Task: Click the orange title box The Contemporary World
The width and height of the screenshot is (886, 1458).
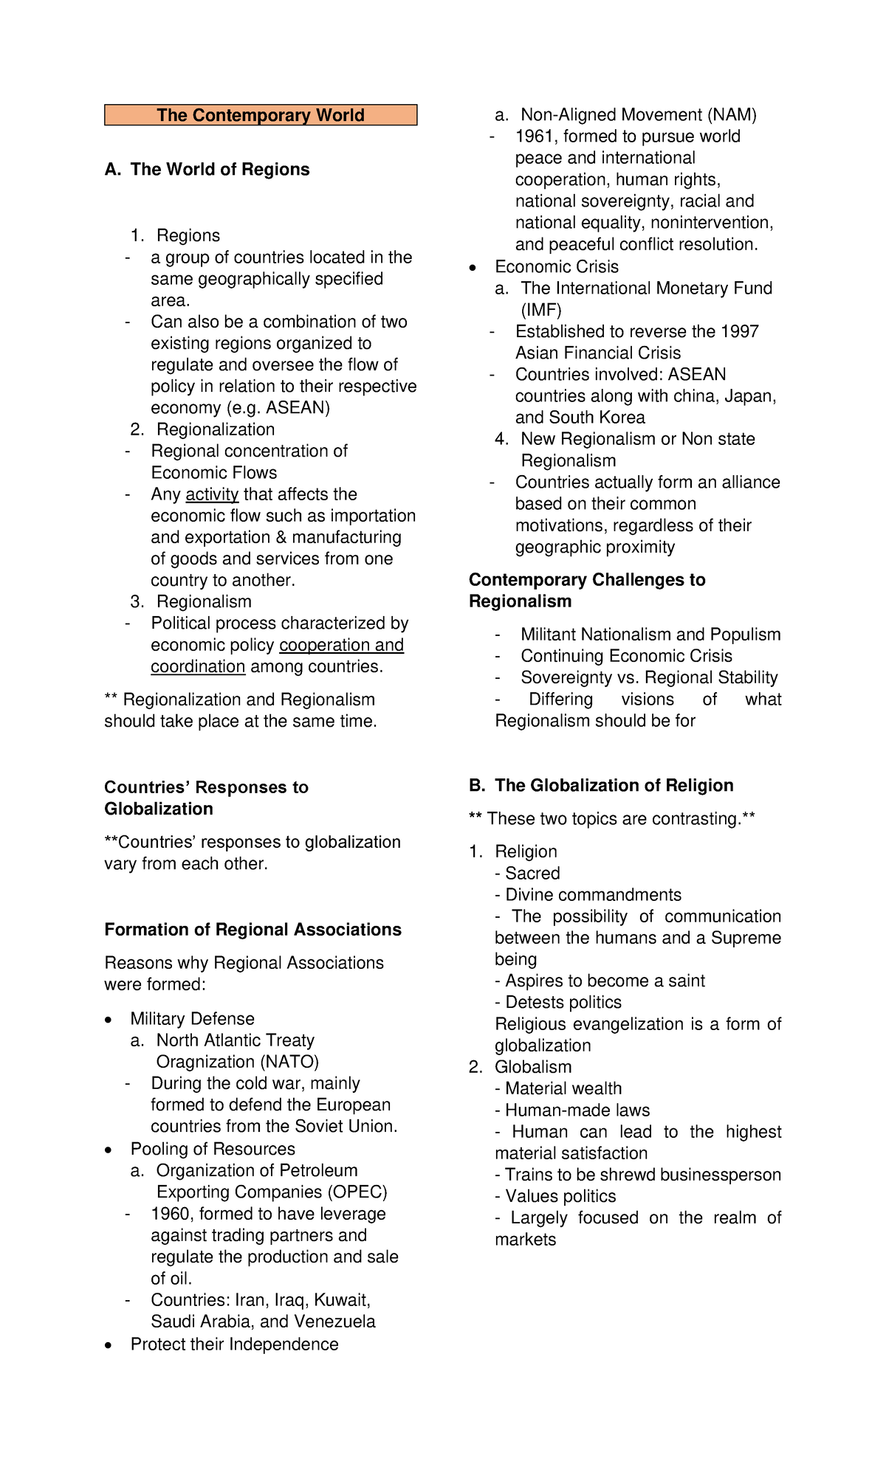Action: (261, 115)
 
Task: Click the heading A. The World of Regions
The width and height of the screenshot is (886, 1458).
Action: (207, 170)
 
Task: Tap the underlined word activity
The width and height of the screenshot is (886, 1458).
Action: (212, 494)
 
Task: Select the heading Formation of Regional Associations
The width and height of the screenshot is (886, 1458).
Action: (253, 930)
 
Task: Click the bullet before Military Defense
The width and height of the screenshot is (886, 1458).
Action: (109, 1020)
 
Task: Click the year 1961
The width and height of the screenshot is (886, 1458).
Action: (534, 137)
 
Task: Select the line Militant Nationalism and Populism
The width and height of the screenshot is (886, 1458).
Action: (650, 635)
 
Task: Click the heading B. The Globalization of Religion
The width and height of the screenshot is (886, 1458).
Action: (601, 785)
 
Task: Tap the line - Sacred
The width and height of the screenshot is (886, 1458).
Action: (528, 874)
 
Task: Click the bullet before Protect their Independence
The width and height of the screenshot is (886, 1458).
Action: (109, 1345)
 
